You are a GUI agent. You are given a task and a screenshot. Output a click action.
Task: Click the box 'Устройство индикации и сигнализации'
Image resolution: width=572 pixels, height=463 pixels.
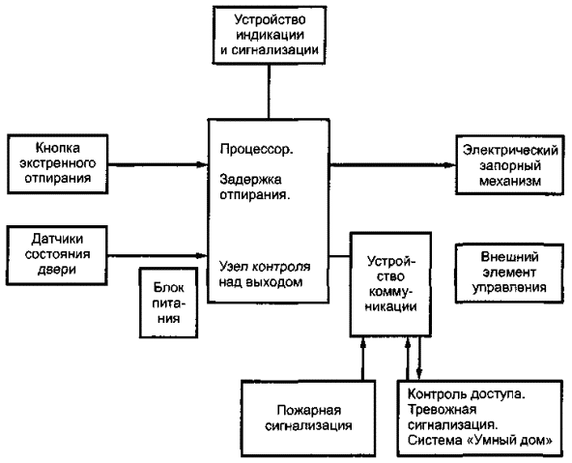270,35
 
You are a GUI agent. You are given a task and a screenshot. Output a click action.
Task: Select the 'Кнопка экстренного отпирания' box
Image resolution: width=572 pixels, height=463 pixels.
58,163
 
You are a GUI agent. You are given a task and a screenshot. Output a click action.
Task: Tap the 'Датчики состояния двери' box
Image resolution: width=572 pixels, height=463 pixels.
57,255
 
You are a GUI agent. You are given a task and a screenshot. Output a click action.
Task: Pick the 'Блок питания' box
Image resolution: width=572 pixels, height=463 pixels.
168,303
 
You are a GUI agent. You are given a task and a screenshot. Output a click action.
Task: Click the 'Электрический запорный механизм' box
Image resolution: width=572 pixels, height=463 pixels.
510,165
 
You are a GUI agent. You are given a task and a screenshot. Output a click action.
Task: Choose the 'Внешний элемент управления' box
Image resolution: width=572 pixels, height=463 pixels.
509,273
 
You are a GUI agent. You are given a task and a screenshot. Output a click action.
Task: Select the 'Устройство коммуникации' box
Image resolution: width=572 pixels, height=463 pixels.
390,284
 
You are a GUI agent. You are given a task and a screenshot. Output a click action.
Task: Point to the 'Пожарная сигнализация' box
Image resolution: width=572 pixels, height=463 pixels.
308,419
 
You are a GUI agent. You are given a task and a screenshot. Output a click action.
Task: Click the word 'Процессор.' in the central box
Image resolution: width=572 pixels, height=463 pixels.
256,149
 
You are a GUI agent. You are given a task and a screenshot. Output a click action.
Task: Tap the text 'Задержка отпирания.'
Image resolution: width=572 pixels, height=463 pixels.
255,188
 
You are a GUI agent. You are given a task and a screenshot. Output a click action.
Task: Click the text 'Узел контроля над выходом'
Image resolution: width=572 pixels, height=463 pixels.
265,275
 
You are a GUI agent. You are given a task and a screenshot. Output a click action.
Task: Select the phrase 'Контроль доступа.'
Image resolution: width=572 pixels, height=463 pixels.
467,394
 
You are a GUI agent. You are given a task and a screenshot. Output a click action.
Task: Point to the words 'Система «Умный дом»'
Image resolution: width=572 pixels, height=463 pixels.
479,441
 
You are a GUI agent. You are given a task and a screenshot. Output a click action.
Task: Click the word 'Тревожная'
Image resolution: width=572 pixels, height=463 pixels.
442,410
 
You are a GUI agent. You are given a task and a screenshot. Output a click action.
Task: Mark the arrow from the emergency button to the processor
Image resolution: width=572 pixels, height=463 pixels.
157,164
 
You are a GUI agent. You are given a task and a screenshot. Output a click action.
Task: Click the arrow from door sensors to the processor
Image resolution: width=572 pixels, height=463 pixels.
157,255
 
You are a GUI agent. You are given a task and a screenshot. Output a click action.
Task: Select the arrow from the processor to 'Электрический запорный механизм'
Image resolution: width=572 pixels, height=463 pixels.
392,165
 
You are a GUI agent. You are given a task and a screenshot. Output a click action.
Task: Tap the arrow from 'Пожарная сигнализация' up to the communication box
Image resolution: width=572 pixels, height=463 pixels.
362,359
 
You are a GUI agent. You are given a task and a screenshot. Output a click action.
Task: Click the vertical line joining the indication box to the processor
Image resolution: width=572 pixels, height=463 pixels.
270,92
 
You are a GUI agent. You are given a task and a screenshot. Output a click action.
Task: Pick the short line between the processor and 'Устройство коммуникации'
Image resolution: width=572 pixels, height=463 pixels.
340,256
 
